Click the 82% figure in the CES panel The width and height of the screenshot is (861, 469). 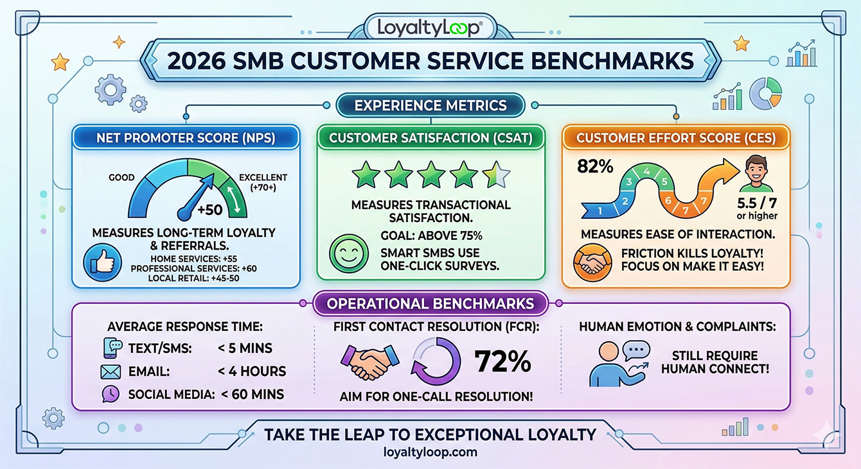[x=596, y=166]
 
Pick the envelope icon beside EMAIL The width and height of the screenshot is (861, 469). [x=111, y=371]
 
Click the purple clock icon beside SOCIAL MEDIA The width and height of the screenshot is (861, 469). [x=111, y=394]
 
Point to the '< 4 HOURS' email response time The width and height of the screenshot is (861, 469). [x=251, y=371]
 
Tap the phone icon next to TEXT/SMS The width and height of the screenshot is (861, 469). [x=112, y=348]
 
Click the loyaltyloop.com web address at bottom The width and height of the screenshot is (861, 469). [x=430, y=452]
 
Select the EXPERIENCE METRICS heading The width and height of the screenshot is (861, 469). [x=430, y=106]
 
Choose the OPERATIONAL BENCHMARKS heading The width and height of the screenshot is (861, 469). [x=430, y=303]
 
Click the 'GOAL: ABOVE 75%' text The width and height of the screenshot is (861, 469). [x=430, y=235]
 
